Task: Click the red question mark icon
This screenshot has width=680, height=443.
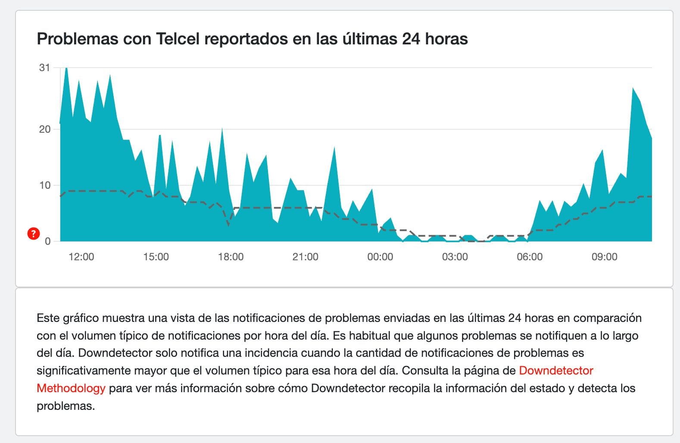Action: (33, 234)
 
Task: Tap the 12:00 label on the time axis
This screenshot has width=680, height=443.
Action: (81, 257)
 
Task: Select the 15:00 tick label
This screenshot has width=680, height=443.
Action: (156, 257)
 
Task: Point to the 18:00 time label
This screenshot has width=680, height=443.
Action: (231, 257)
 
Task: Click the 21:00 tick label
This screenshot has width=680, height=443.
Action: (305, 257)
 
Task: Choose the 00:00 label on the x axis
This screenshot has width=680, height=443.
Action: (380, 257)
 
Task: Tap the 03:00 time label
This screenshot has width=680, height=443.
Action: (455, 257)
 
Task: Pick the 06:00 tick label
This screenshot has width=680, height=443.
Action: (530, 257)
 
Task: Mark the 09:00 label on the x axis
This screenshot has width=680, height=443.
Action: (604, 257)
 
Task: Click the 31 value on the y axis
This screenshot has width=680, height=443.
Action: (44, 68)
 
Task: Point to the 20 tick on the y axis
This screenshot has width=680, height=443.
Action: (44, 129)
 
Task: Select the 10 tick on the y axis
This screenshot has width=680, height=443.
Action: (44, 185)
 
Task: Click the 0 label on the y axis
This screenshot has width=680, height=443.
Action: (47, 241)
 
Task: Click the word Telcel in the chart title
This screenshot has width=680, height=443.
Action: (178, 39)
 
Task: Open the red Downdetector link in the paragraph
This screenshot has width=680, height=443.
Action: (556, 371)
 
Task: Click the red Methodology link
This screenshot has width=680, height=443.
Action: (71, 388)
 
